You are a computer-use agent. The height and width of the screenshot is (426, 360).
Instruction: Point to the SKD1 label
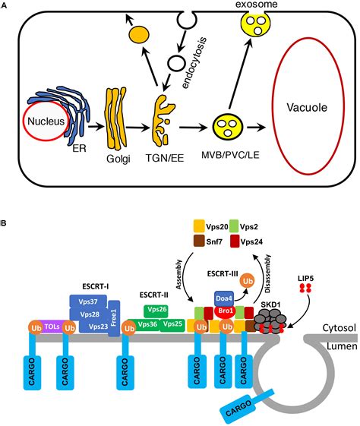point(270,303)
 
